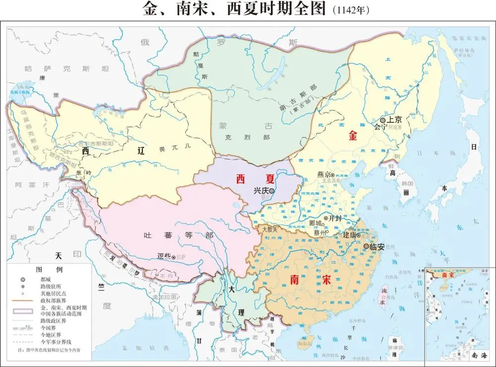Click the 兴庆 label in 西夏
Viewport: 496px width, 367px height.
coord(261,190)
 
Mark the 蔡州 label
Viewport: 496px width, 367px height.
coord(320,233)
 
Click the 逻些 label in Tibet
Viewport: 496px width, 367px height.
coord(163,256)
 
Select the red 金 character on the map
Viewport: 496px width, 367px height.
coord(353,135)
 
